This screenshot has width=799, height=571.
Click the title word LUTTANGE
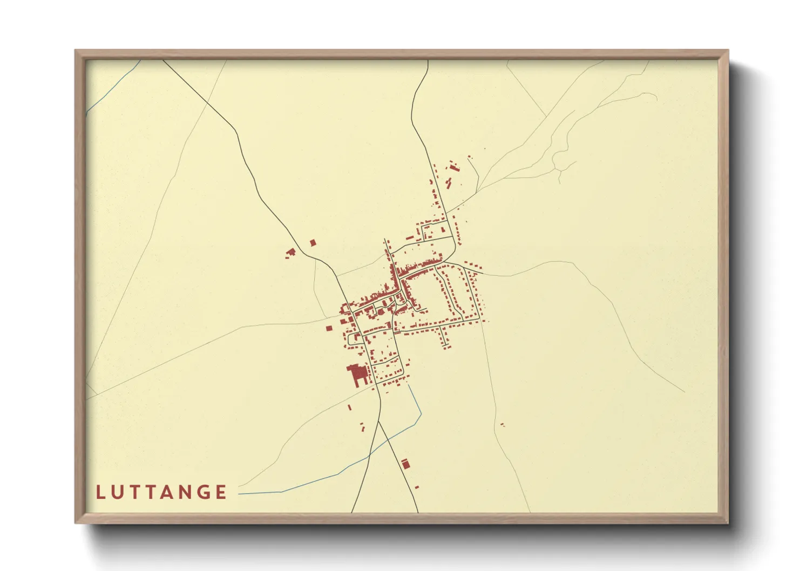tap(161, 492)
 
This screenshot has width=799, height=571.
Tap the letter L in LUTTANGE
tap(100, 492)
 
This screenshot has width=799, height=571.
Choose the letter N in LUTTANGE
tap(184, 492)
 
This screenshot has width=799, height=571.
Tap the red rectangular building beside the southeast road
tap(405, 463)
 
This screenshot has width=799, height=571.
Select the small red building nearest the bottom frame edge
tap(416, 487)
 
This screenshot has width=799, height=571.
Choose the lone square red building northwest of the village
tap(312, 243)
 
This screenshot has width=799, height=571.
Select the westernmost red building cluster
tap(291, 251)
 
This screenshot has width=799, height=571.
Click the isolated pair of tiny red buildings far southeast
tap(502, 425)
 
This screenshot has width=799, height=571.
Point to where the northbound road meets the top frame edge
tap(428, 60)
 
